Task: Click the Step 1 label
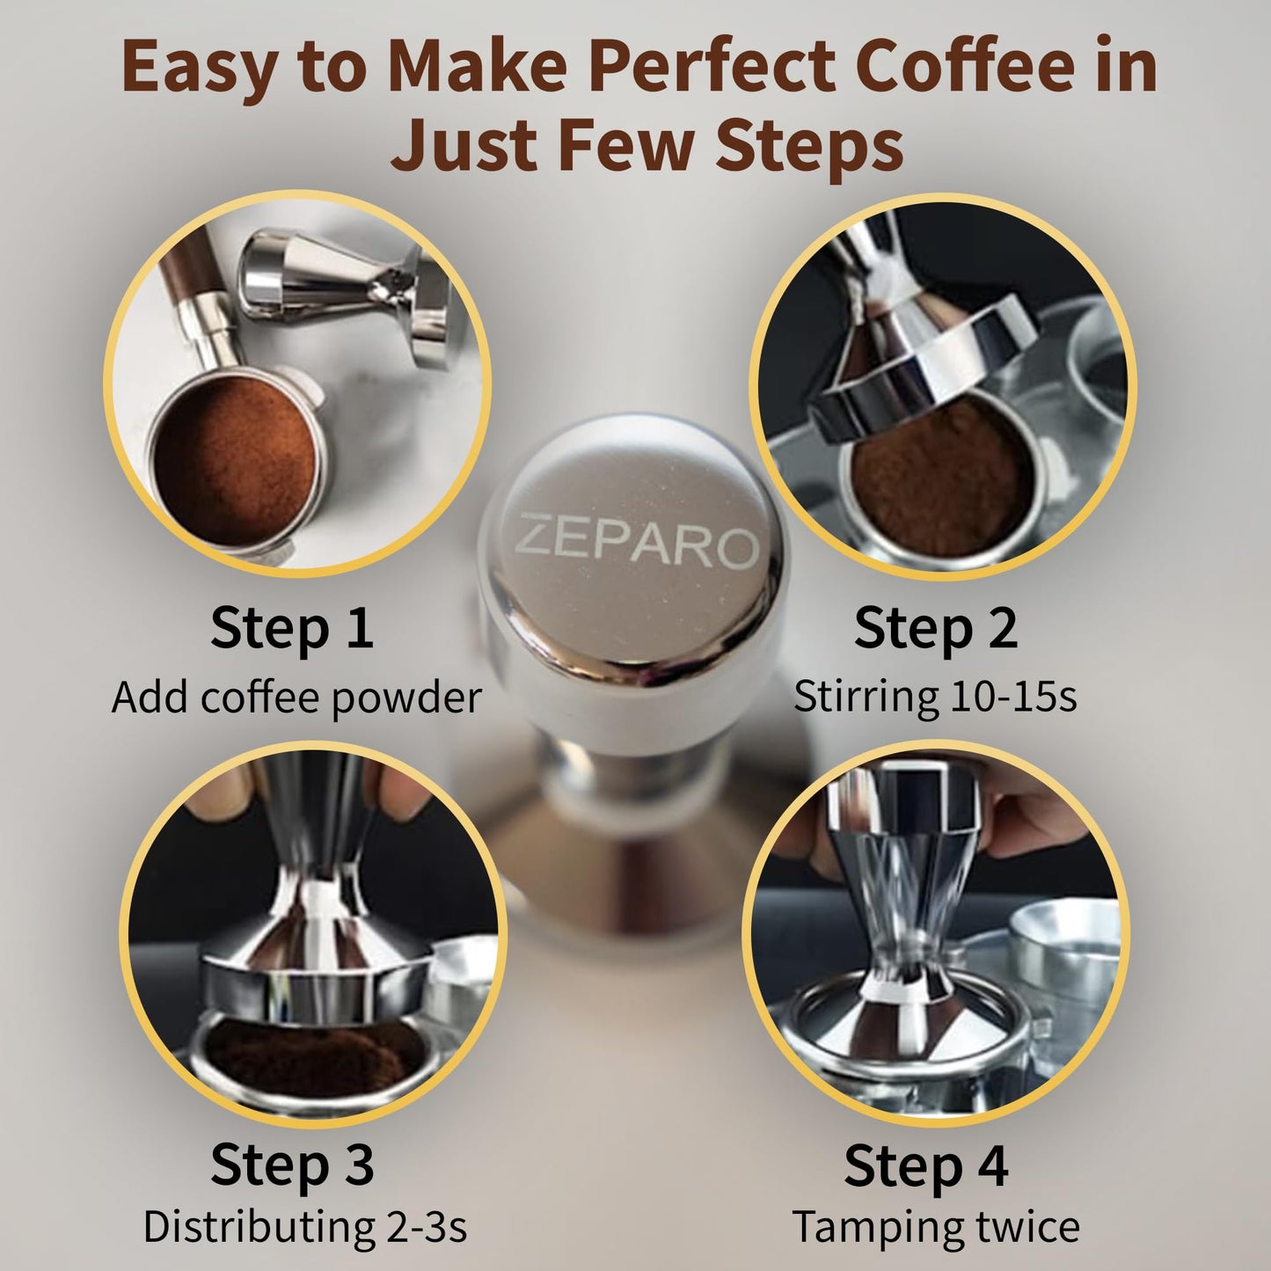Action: (292, 628)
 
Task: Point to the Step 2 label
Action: (935, 628)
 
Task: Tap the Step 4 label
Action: (925, 1165)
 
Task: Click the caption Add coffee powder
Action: (296, 698)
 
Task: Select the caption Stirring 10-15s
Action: (935, 697)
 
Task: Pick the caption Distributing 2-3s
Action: (304, 1226)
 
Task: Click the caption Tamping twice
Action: (936, 1226)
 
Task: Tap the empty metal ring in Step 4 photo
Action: (1064, 950)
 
